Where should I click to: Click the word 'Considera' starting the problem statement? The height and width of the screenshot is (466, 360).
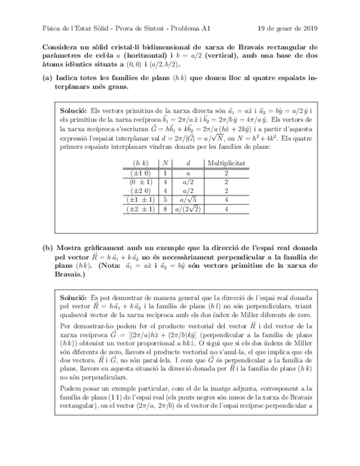[x=60, y=47]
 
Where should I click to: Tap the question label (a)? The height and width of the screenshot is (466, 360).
[x=48, y=78]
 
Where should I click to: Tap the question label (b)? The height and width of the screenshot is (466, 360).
[x=48, y=248]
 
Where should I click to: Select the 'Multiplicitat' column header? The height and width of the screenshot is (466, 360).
[x=226, y=163]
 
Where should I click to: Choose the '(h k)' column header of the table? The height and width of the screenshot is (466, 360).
[x=141, y=163]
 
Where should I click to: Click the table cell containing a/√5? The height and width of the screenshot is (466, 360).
[x=188, y=200]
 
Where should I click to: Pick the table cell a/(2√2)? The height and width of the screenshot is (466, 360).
[x=188, y=209]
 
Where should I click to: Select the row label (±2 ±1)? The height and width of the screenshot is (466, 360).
[x=141, y=209]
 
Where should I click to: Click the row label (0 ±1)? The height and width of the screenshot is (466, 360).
[x=141, y=181]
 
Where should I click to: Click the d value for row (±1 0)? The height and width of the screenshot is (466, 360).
[x=188, y=173]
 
